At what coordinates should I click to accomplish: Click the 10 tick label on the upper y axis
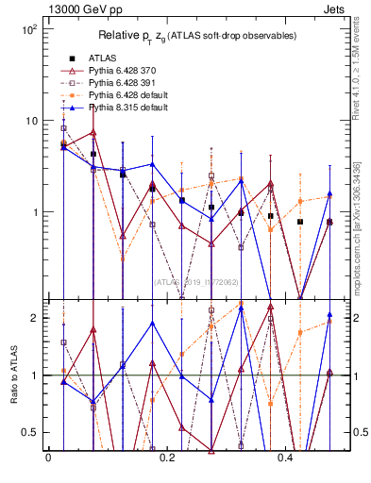[x=30, y=121]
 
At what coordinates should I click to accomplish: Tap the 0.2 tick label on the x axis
[x=168, y=458]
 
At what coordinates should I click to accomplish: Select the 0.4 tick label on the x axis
[x=288, y=458]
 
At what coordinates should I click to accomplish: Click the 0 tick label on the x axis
[x=48, y=458]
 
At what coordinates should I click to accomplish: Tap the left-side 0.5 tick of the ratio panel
[x=30, y=432]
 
